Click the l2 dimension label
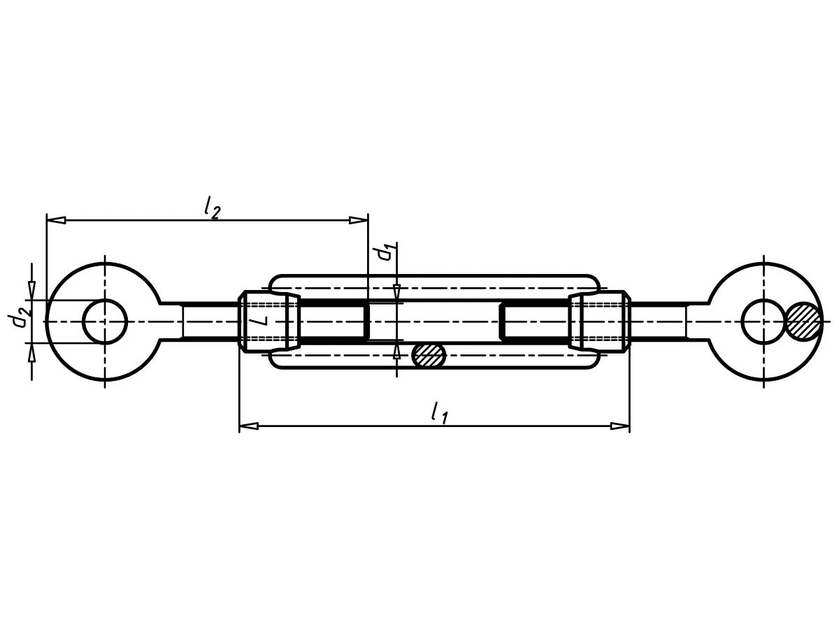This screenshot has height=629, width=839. [x=212, y=209]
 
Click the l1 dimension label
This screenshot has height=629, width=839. [x=440, y=413]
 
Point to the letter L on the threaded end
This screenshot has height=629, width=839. [x=262, y=315]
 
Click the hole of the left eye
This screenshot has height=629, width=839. [x=105, y=321]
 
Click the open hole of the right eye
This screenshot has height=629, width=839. [x=763, y=321]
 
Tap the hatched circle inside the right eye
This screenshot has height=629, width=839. [x=803, y=321]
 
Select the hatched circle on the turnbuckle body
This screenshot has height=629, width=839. [x=429, y=355]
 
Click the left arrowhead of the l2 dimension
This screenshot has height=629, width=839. [x=56, y=220]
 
